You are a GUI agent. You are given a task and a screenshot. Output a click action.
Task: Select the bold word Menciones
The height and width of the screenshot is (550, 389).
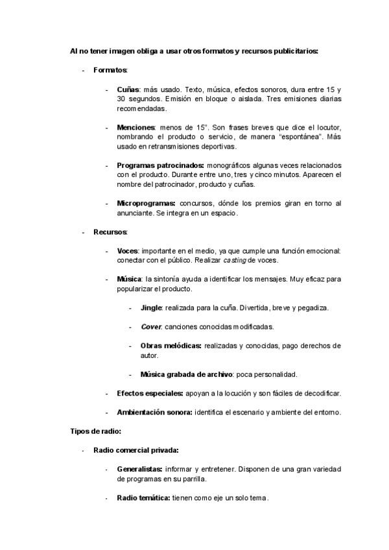tap(136, 127)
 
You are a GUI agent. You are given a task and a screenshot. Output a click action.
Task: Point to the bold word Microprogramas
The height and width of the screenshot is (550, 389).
tap(146, 203)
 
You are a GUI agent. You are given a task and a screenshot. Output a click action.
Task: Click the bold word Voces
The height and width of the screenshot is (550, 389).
tap(127, 250)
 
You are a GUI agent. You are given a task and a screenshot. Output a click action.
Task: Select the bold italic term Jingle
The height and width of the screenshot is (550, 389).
tap(151, 307)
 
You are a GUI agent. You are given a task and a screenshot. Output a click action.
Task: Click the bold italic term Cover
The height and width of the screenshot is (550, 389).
tap(150, 326)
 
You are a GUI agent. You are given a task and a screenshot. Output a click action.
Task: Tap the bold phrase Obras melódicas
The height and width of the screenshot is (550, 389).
tap(171, 346)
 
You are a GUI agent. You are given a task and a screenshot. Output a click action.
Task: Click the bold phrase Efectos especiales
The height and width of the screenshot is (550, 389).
tap(150, 393)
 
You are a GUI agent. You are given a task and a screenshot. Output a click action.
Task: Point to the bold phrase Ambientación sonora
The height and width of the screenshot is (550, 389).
tap(154, 413)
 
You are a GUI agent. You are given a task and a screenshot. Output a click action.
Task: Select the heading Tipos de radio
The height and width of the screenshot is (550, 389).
tap(95, 431)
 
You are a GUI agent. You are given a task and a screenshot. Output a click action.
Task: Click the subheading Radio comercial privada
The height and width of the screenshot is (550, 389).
tap(136, 450)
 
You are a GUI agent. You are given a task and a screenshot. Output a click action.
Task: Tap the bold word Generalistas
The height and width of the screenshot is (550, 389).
tap(139, 469)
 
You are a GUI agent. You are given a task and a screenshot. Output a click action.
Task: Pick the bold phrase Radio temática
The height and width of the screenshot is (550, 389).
tap(143, 497)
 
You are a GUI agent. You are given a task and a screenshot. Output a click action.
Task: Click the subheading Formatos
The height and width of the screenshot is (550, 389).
tap(110, 69)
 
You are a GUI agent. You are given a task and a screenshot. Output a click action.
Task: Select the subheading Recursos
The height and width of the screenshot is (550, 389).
tap(110, 232)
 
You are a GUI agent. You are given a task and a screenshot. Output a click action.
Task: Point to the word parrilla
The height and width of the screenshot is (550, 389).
tap(191, 479)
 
